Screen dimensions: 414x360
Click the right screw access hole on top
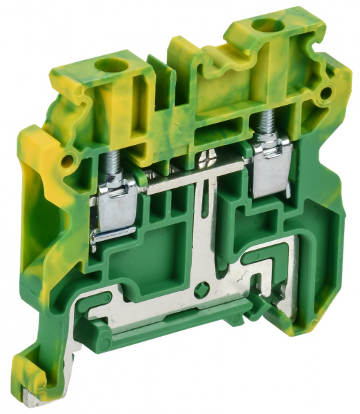(x=262, y=27)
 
